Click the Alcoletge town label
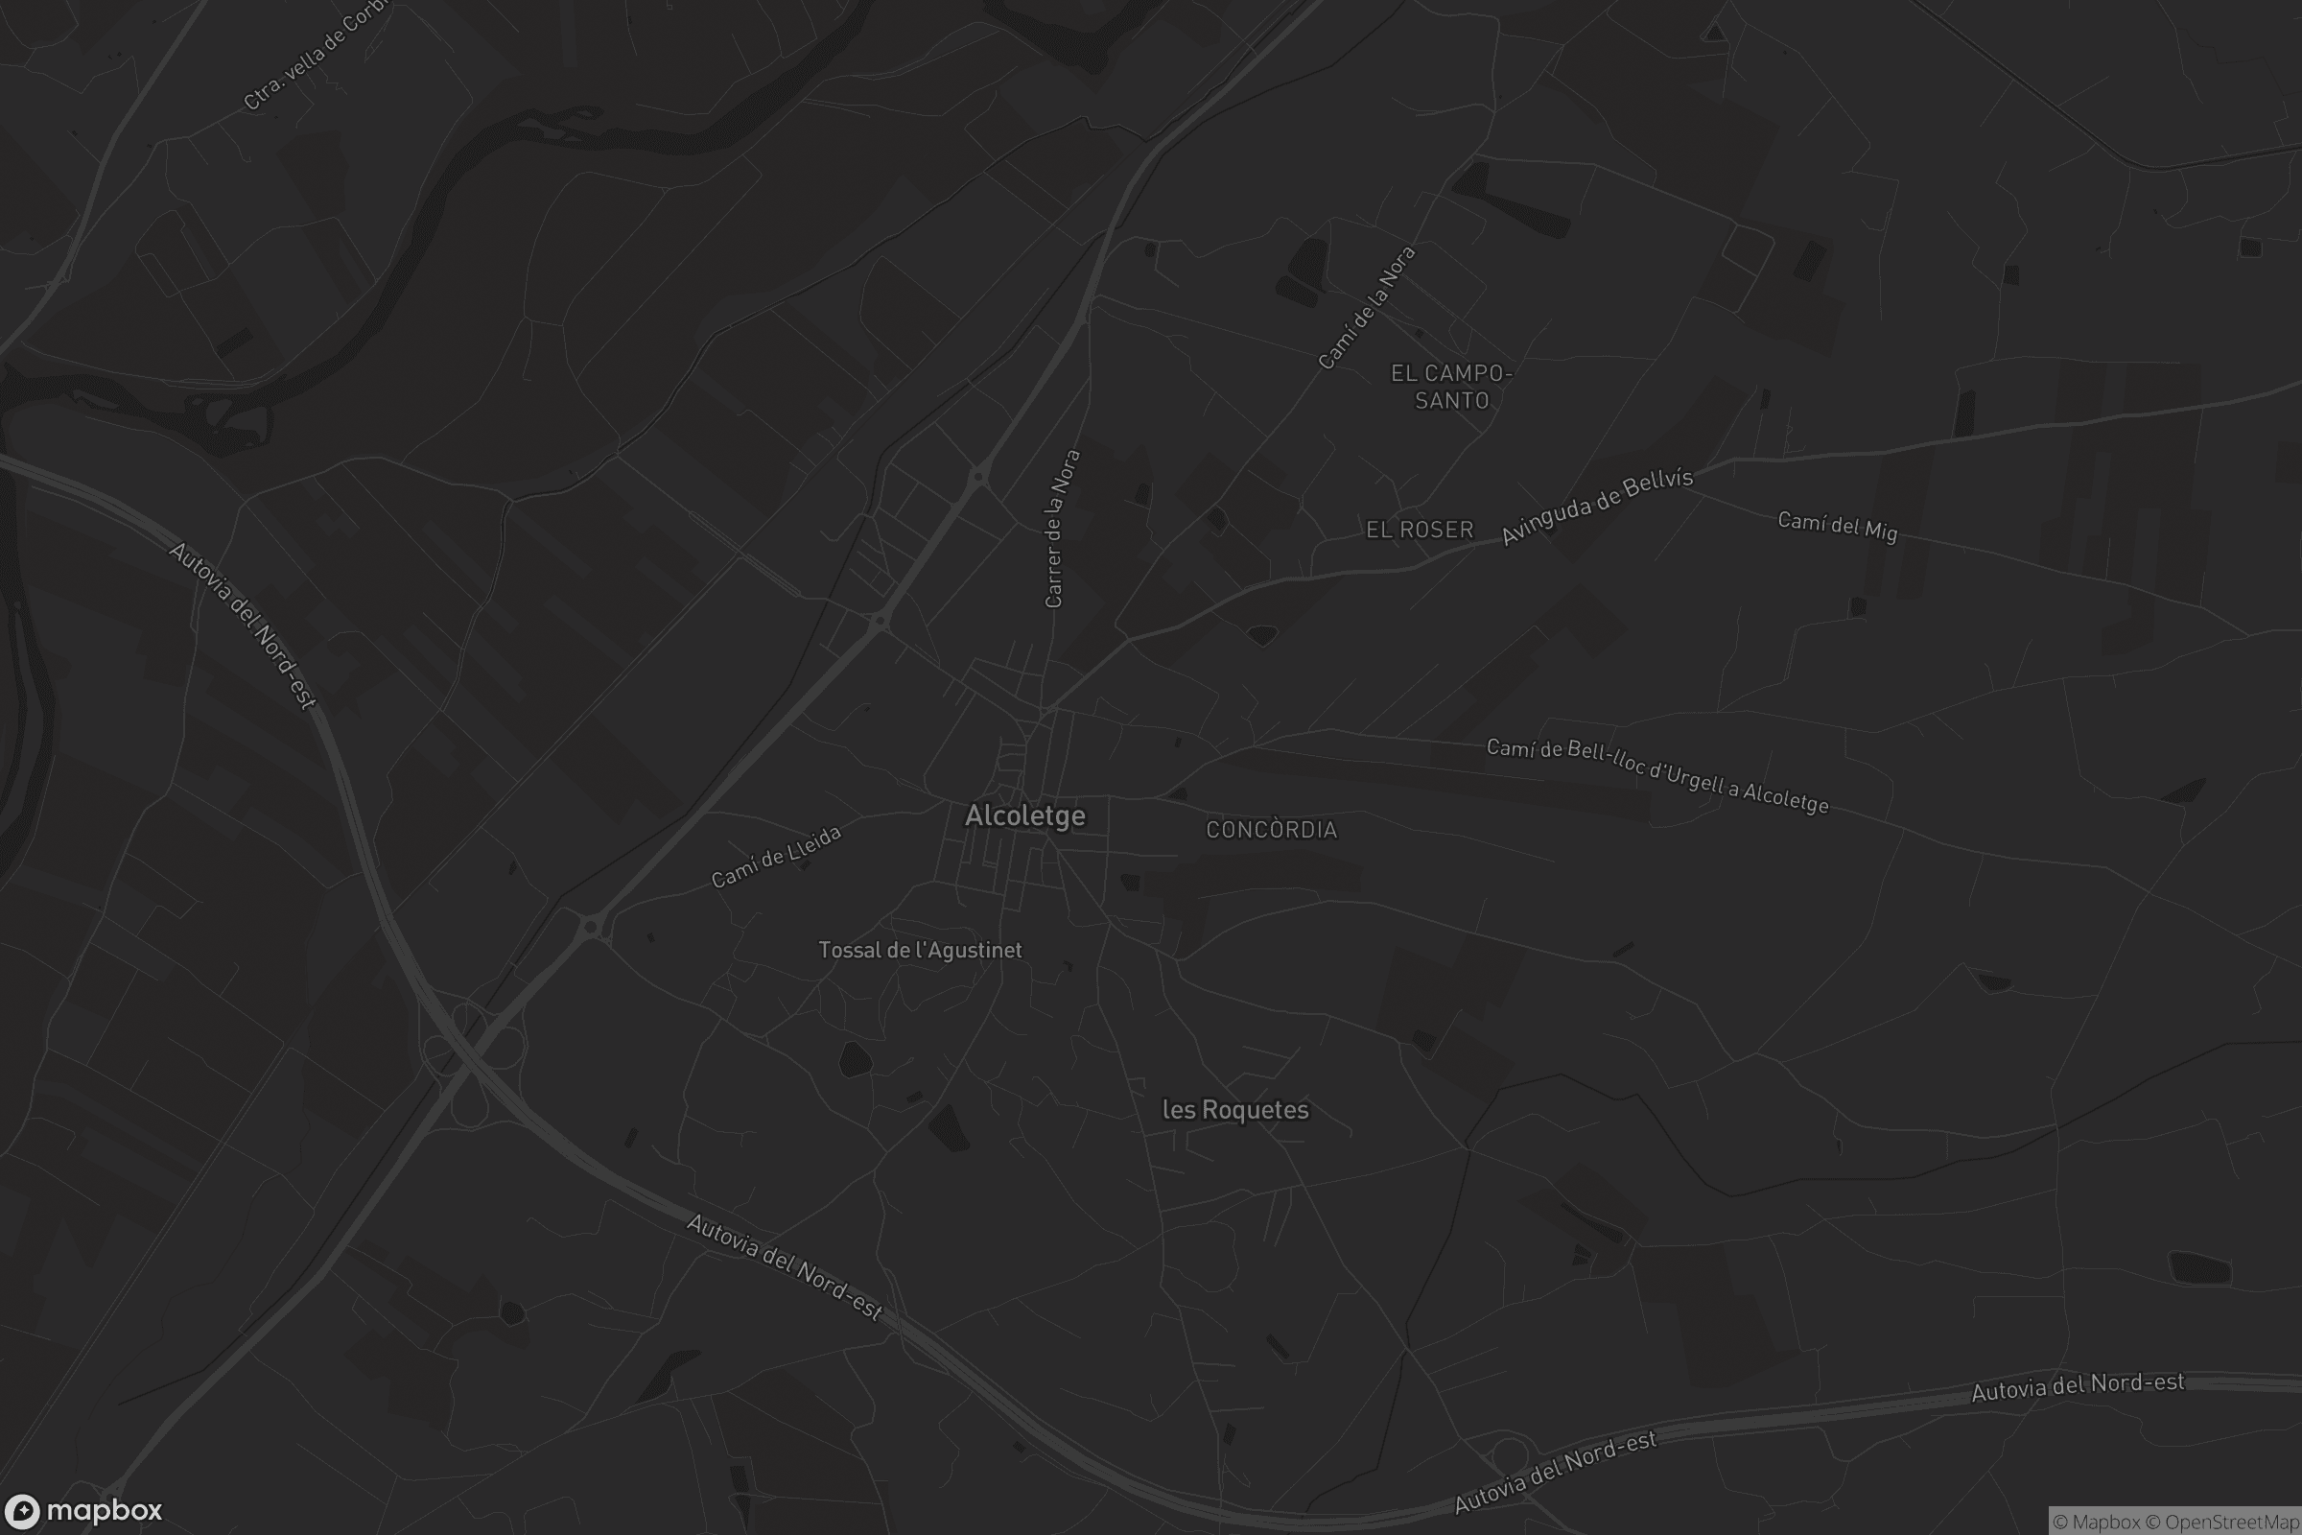point(1024,815)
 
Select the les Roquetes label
point(1235,1109)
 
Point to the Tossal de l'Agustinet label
point(920,950)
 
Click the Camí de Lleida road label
point(775,857)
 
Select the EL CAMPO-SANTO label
point(1451,387)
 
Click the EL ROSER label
point(1420,530)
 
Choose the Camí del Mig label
point(1837,526)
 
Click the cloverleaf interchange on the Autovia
point(471,1062)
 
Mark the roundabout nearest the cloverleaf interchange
point(590,926)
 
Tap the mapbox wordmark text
point(104,1510)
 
